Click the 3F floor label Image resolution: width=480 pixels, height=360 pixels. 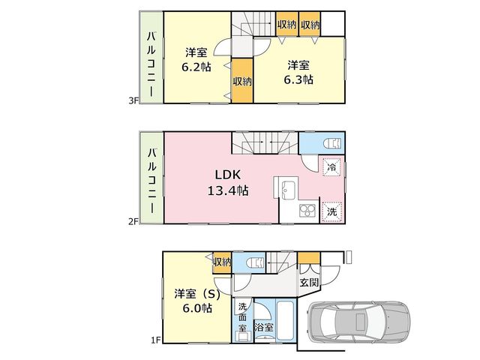point(133,100)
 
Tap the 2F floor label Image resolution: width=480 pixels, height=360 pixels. point(133,221)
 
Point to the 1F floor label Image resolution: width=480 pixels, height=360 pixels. point(156,340)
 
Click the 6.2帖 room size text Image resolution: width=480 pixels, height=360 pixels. point(196,67)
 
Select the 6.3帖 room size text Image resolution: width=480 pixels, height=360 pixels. point(298,79)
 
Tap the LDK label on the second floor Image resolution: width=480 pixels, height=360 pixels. point(228,175)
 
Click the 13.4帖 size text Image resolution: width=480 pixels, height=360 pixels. point(228,190)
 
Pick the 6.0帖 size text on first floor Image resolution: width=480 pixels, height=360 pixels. point(197,307)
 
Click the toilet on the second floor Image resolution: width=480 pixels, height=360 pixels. point(332,143)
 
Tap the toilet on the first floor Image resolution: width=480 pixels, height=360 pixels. point(255,263)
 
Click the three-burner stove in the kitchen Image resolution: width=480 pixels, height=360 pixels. point(307,210)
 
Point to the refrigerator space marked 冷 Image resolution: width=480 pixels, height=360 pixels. point(331,167)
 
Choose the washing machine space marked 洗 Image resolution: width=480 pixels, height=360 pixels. point(331,211)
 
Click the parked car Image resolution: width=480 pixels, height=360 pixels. point(358,322)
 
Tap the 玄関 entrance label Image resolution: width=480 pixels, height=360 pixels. point(309,283)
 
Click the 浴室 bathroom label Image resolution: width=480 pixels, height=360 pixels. point(264,327)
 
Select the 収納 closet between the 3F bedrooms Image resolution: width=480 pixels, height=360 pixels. point(242,81)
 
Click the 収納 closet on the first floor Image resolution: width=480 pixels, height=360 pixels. point(222,262)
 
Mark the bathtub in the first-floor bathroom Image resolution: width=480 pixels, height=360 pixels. point(286,321)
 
